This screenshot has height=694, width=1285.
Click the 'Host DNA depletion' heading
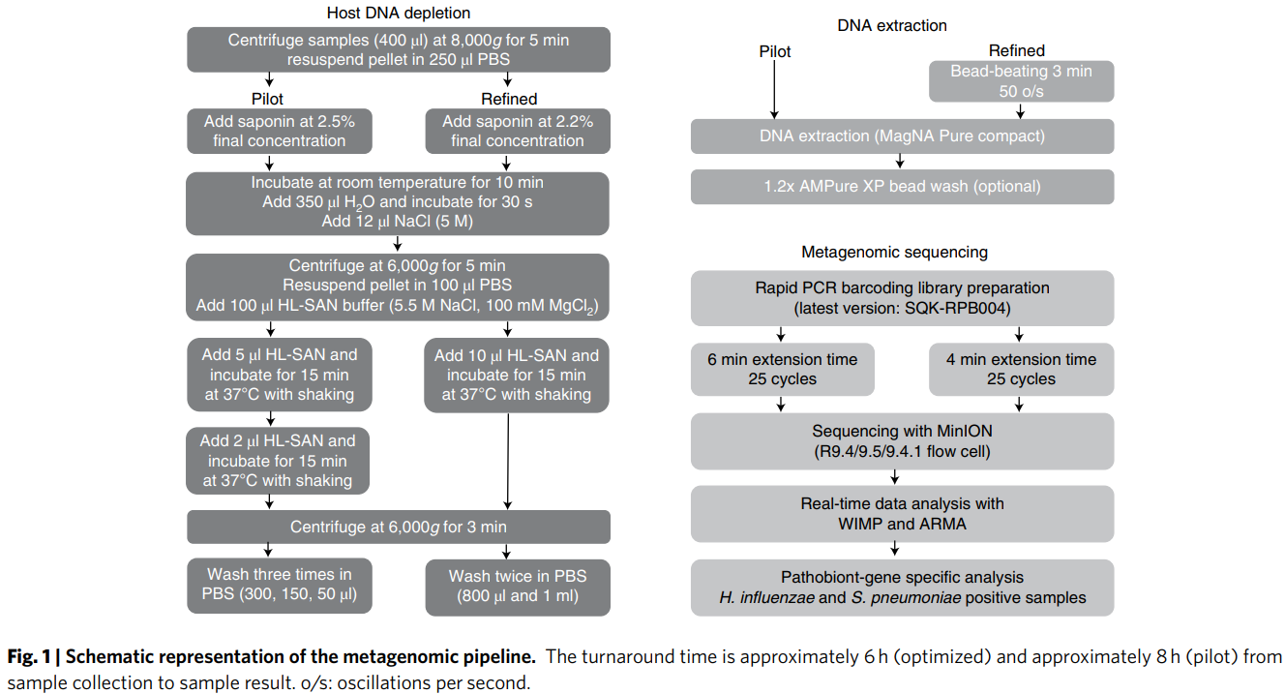click(398, 13)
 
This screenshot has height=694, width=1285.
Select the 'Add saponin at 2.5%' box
click(280, 131)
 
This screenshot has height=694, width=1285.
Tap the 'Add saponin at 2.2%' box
click(518, 131)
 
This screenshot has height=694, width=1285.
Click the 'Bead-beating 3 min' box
click(1021, 81)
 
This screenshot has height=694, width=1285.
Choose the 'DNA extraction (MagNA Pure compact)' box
click(902, 136)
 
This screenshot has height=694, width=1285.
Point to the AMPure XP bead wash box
click(902, 187)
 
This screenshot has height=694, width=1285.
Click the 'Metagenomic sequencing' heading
click(894, 252)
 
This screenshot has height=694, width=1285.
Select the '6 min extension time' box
click(783, 369)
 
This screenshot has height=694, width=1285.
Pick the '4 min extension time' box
click(1021, 369)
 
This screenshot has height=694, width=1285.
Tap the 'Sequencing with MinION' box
click(902, 440)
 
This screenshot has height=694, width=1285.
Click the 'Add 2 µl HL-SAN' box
click(278, 461)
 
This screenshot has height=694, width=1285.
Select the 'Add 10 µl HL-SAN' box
click(517, 375)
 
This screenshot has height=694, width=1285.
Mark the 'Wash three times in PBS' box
click(280, 586)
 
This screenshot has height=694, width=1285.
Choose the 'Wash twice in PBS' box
click(518, 588)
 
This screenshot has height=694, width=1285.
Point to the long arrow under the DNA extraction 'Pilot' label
click(774, 90)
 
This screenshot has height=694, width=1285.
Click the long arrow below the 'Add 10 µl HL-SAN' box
click(508, 462)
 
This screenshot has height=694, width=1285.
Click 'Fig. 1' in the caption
click(29, 656)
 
